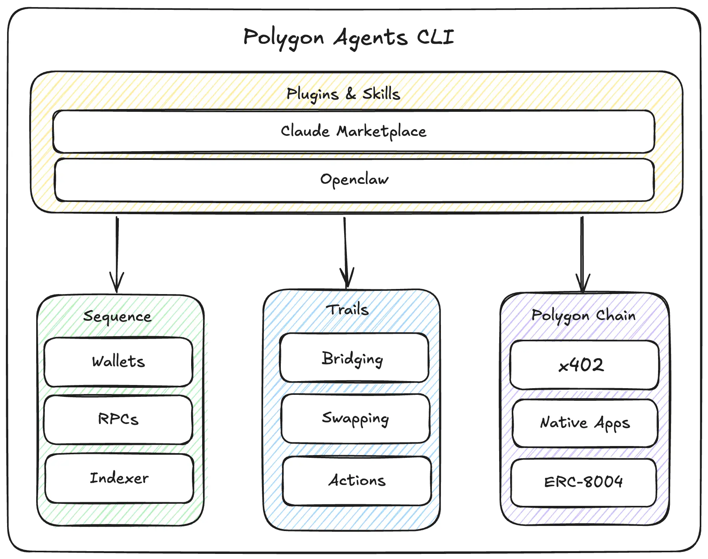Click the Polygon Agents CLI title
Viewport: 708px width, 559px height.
[348, 37]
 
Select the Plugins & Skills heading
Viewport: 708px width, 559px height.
[343, 94]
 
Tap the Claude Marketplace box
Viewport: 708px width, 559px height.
[353, 131]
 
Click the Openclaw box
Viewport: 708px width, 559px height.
[354, 180]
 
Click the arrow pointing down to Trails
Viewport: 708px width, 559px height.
[346, 252]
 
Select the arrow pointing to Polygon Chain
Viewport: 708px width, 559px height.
[582, 254]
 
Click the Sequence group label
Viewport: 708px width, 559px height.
[117, 317]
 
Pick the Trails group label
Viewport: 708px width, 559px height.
[348, 310]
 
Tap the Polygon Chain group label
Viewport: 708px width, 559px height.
[583, 315]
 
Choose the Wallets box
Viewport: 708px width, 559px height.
[118, 362]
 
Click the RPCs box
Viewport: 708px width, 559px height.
[118, 419]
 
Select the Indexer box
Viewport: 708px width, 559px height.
[119, 478]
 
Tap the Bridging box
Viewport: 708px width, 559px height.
[353, 358]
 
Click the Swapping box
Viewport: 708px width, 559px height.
[355, 418]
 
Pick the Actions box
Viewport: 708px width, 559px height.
[357, 481]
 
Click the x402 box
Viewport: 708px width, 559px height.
[581, 365]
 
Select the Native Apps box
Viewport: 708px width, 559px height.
[584, 423]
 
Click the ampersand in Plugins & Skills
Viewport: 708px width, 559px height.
[351, 94]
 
